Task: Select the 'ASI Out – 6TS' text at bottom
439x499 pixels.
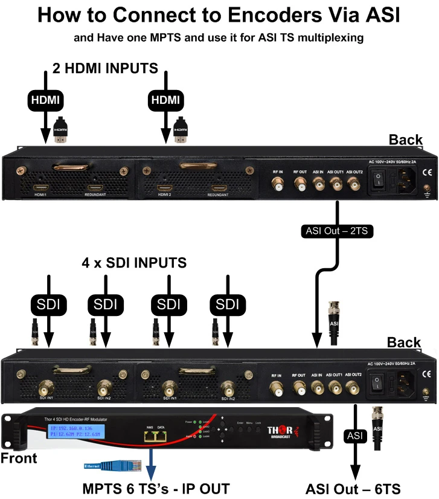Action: tap(353, 487)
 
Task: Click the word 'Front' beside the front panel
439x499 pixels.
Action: tap(19, 458)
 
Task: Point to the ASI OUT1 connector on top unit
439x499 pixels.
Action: tap(335, 187)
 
